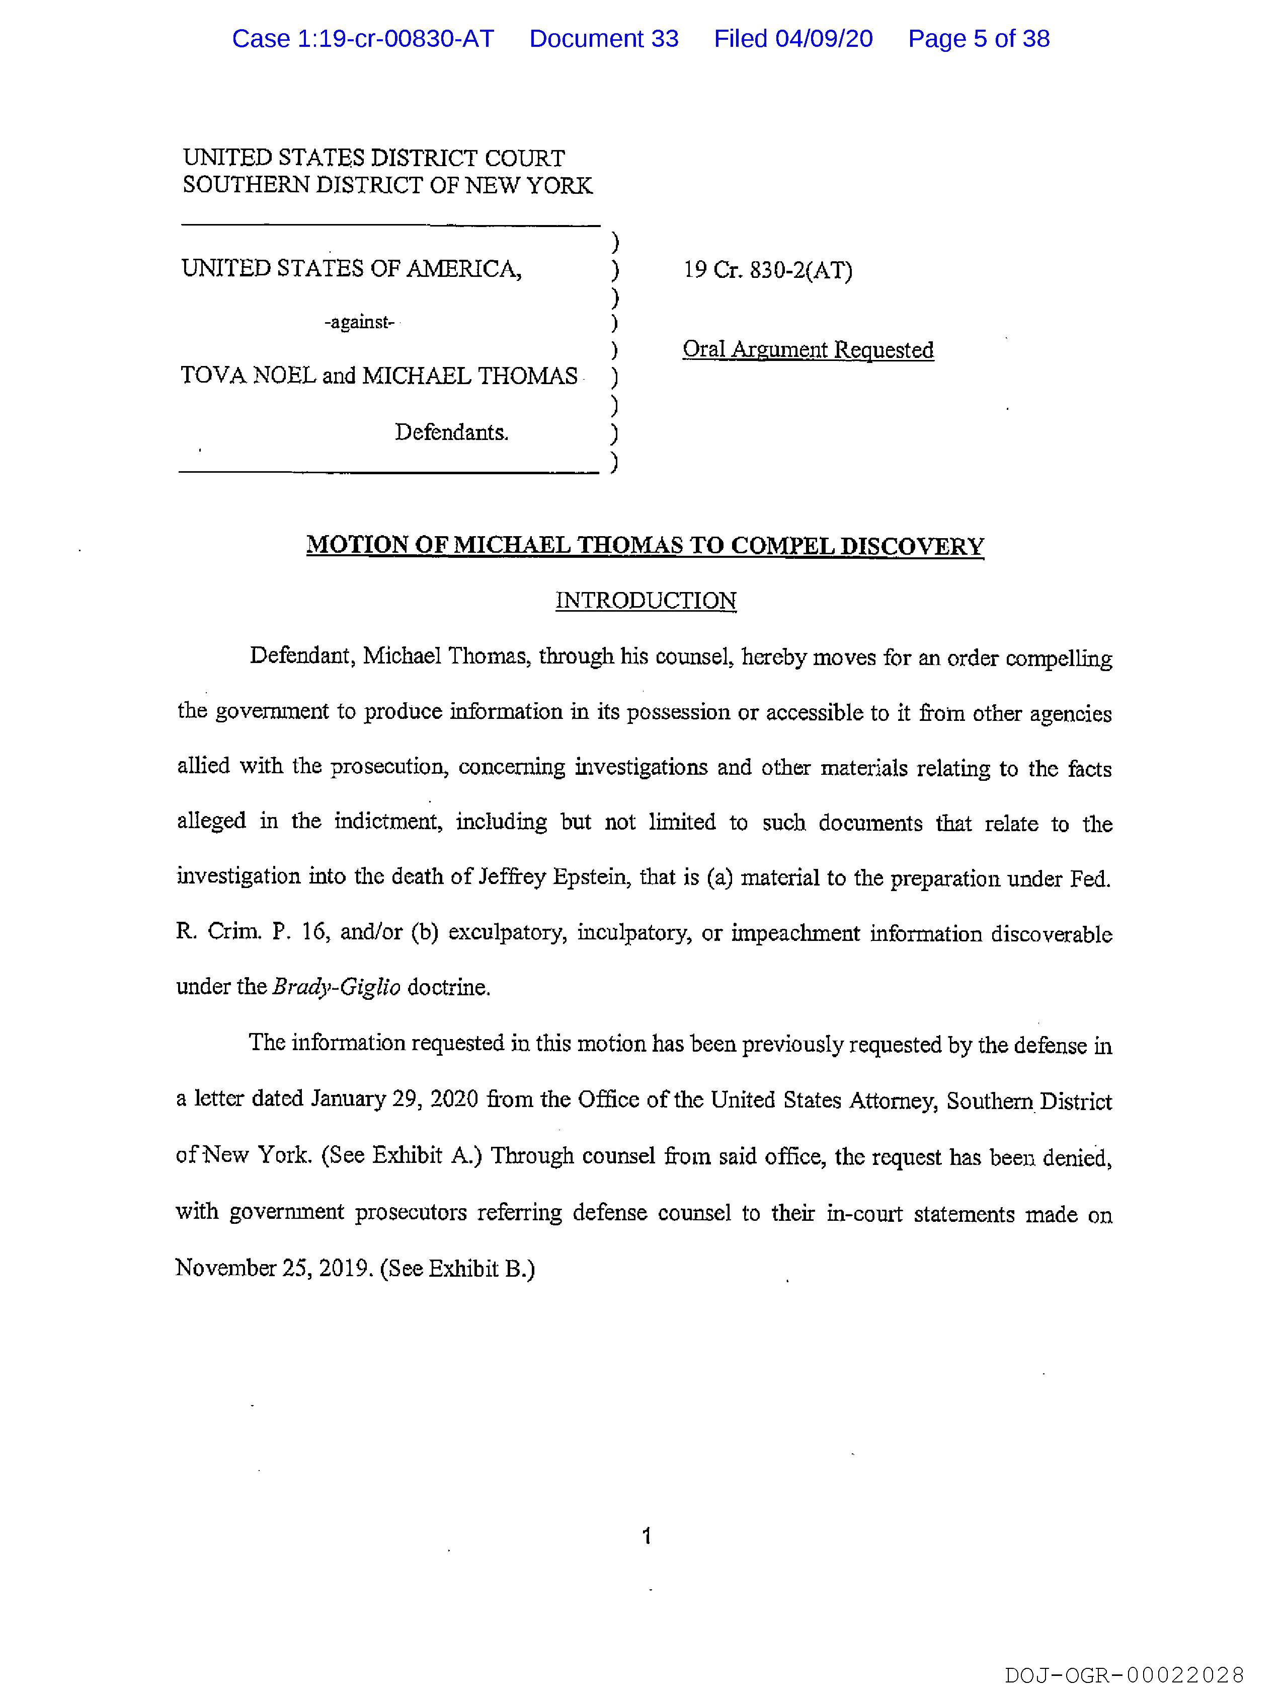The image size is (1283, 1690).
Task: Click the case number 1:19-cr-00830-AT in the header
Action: coord(363,38)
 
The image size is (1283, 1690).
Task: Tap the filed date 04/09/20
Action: coord(824,38)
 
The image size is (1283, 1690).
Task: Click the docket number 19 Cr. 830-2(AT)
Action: coord(767,270)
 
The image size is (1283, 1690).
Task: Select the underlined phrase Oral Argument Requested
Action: coord(808,350)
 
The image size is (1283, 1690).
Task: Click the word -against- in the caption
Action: coord(359,322)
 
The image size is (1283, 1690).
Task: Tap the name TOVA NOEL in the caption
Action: coord(248,376)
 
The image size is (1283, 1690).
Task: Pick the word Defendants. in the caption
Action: coord(451,432)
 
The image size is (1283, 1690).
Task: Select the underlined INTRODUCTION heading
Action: coord(646,601)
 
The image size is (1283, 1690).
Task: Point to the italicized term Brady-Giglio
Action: coord(336,987)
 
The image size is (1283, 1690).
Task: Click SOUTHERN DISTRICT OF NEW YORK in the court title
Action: coord(387,186)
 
